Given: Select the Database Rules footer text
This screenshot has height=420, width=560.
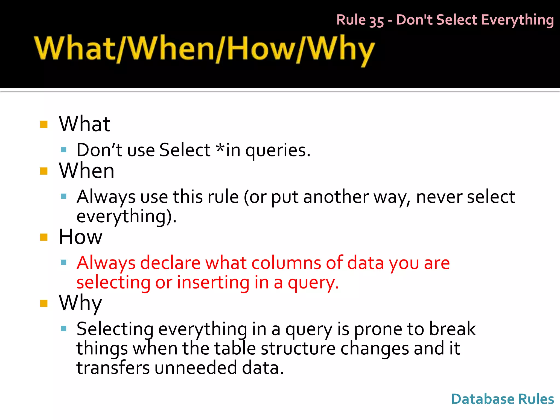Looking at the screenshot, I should pos(503,399).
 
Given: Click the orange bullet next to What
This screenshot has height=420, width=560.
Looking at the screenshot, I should pos(44,124).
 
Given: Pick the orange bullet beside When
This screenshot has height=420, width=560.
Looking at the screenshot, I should pos(44,171).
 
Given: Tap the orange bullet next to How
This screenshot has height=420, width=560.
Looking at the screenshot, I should pos(44,237).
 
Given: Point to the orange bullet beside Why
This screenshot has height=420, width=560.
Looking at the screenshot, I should pos(44,303).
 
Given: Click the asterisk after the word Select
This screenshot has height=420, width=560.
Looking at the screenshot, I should pos(220,148).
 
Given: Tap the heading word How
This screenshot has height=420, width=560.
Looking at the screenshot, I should pos(81,237).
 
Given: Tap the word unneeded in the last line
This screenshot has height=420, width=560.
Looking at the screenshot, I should pos(196,368).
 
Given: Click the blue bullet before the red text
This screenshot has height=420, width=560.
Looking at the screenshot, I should pos(64,263).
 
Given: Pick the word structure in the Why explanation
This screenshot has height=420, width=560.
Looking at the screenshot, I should pos(298,348).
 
